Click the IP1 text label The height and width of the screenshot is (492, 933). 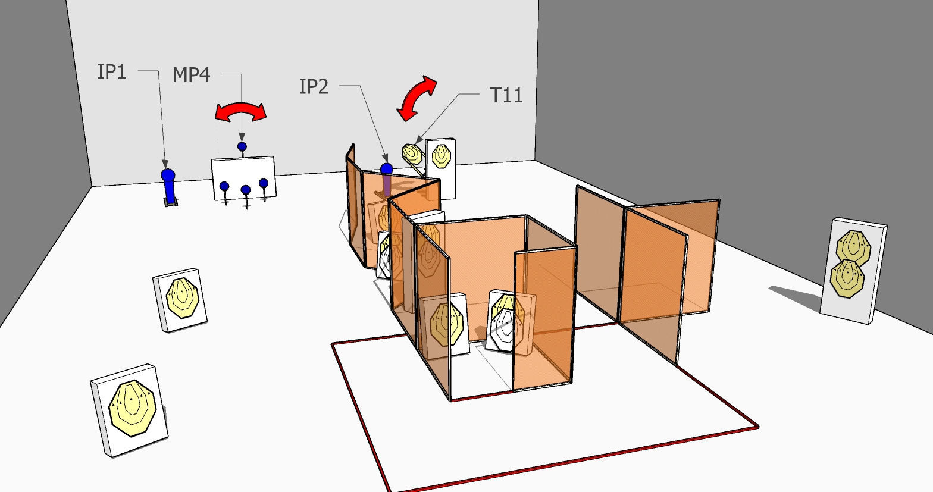112,72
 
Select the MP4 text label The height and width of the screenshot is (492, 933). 191,75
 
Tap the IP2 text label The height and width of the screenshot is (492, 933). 314,87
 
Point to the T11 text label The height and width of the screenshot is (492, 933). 506,95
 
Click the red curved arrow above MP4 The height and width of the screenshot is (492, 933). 241,109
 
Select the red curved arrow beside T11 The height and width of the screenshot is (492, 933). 417,98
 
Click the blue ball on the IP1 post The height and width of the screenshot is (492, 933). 168,175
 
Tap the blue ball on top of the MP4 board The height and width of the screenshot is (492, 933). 242,146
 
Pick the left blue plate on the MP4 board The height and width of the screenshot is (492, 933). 224,186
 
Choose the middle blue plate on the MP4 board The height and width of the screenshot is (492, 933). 246,190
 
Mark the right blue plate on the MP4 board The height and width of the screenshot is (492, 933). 263,183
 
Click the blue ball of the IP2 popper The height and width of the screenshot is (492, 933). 387,169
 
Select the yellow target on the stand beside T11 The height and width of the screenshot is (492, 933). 441,156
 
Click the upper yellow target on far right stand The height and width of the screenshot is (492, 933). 854,247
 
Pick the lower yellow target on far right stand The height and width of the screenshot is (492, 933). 847,278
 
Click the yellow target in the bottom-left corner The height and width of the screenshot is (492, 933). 133,408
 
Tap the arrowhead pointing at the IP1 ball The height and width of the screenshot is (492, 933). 165,165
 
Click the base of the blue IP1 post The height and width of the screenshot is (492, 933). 171,202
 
